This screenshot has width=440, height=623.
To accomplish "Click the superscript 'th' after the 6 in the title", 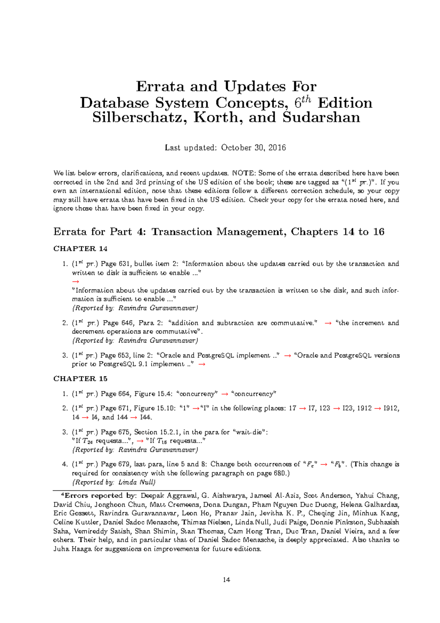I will point(306,99).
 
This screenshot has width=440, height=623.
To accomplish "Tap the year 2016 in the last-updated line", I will point(277,148).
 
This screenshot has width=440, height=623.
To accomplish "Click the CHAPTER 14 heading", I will point(80,249).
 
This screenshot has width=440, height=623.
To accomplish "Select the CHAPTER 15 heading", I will point(80,379).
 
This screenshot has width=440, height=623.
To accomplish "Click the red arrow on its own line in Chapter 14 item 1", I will point(76,281).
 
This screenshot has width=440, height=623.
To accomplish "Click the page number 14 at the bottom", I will point(226,580).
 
